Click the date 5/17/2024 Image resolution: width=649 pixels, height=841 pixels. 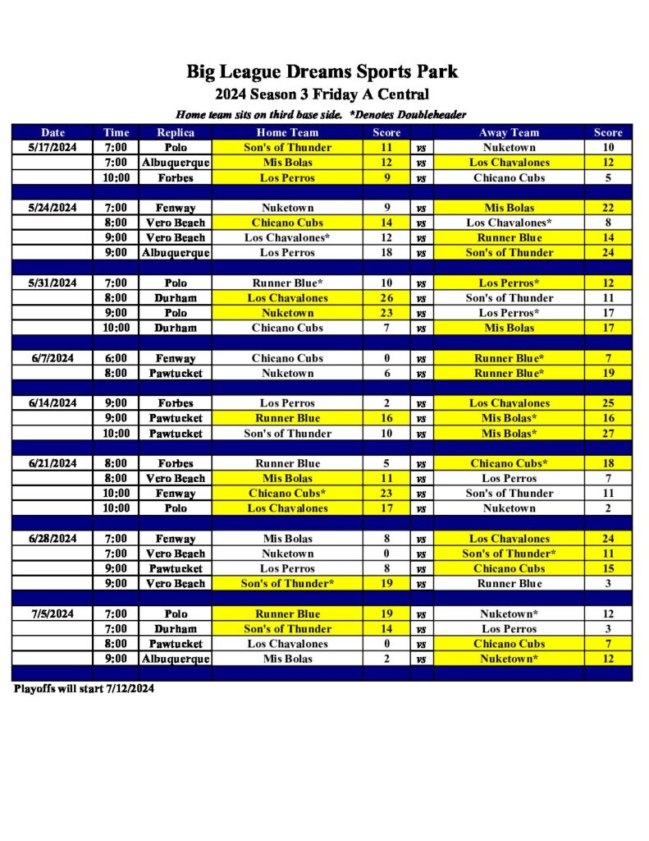coord(53,148)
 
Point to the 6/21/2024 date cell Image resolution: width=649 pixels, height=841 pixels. coord(53,463)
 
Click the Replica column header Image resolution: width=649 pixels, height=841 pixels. coord(176,132)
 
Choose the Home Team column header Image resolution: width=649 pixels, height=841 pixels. coord(287,132)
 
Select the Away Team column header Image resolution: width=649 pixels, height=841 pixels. coord(509,132)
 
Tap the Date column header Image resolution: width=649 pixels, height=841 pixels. coord(53,132)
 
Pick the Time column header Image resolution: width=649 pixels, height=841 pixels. coord(116,132)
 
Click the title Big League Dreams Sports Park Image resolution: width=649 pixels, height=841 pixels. coord(322,71)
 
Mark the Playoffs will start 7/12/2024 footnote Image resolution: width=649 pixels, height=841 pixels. coord(84,688)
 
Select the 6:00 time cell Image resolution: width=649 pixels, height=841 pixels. coord(116,358)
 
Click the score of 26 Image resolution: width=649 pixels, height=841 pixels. coord(386,298)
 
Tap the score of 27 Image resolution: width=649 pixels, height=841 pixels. coord(608,433)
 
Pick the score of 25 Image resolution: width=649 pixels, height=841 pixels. coord(608,403)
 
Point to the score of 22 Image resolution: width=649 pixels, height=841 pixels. coord(608,208)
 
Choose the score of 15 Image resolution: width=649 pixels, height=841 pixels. coord(608,568)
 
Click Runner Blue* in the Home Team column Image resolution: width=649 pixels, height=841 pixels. coord(287,283)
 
